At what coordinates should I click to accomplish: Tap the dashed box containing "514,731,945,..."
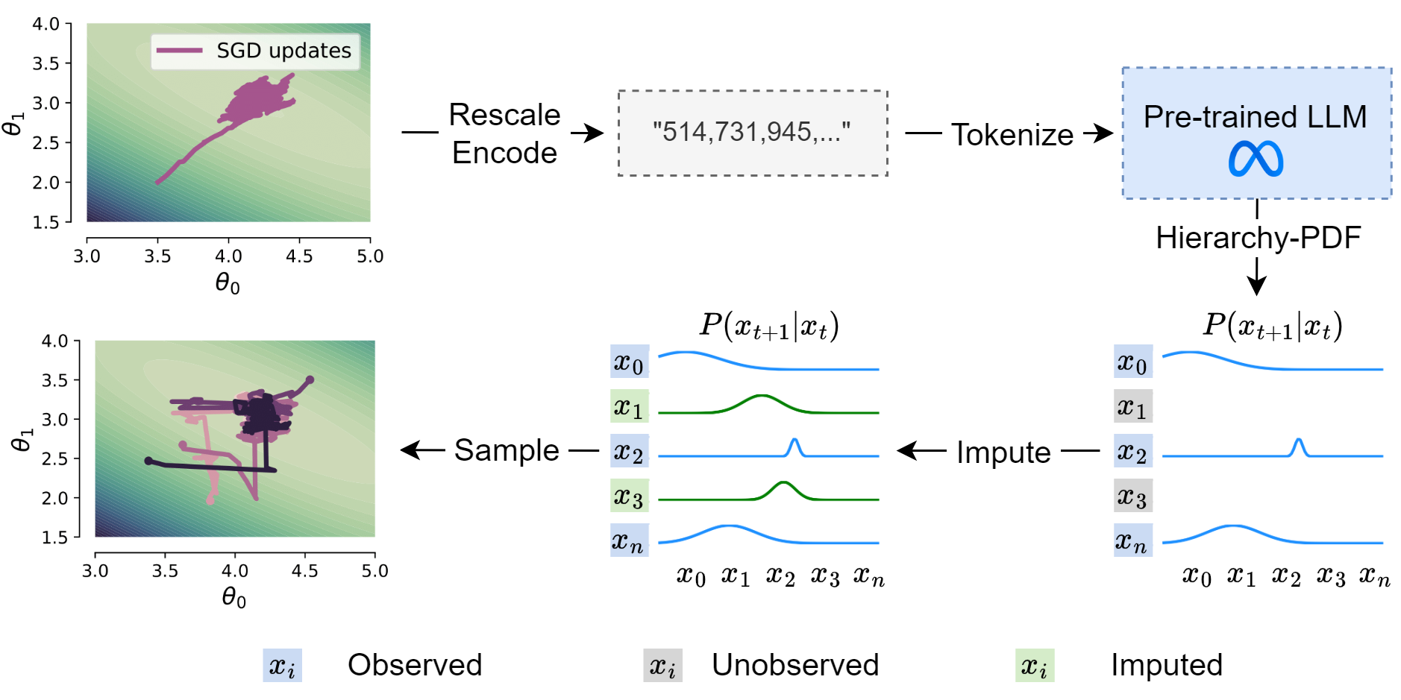[752, 133]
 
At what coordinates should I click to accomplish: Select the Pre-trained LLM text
[1255, 117]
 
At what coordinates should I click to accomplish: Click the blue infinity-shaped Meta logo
[1256, 159]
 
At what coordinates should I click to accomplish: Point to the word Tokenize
[1012, 135]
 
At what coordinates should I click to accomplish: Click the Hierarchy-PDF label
[1258, 238]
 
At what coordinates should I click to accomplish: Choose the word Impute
[1003, 453]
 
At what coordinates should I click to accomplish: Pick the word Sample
[507, 450]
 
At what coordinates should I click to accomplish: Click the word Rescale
[504, 115]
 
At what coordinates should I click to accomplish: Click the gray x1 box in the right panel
[1132, 406]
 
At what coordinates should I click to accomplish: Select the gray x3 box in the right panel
[1132, 496]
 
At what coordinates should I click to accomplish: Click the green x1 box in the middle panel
[629, 406]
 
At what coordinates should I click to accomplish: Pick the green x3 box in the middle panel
[629, 496]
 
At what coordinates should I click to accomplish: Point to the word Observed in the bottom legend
[415, 665]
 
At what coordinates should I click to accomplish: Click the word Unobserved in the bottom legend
[795, 665]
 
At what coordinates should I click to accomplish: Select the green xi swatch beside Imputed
[1034, 665]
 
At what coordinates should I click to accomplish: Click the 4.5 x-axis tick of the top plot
[299, 256]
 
